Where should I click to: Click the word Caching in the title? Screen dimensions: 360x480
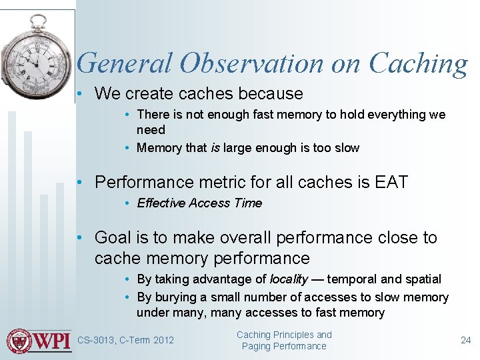point(418,64)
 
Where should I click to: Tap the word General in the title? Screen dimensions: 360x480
point(125,63)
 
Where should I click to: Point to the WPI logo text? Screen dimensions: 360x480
point(53,341)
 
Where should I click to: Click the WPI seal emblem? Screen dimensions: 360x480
point(19,341)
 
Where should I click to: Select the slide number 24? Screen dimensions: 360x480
point(465,340)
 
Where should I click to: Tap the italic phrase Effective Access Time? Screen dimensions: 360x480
point(199,203)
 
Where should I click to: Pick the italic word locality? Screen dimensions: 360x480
point(288,279)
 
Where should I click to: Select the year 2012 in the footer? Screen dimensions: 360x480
point(163,341)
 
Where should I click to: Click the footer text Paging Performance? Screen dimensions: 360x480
point(284,346)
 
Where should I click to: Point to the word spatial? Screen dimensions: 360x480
point(421,279)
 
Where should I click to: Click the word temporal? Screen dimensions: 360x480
point(351,279)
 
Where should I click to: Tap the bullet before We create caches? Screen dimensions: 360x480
point(79,94)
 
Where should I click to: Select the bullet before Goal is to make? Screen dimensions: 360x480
point(79,237)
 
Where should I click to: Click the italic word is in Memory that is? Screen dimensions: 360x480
point(215,148)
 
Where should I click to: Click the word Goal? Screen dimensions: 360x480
point(113,237)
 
